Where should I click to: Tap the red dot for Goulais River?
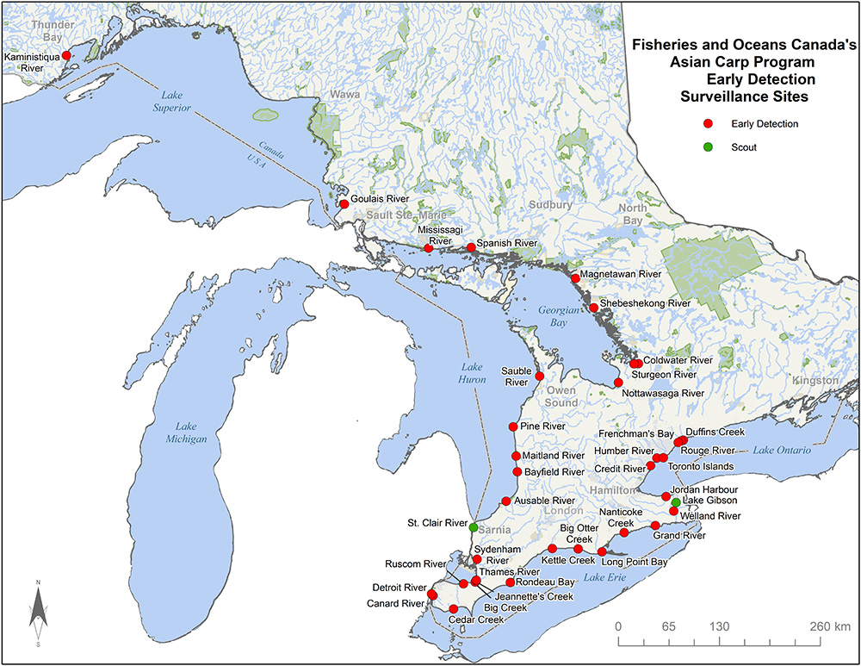click(x=344, y=204)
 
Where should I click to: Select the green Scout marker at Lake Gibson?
click(x=676, y=502)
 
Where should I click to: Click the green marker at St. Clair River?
click(x=474, y=526)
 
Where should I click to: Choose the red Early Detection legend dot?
click(x=707, y=124)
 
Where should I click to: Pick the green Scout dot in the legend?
click(x=707, y=147)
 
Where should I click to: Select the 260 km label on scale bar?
click(x=830, y=626)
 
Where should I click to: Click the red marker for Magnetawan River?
click(x=575, y=278)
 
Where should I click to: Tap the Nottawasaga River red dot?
click(x=618, y=383)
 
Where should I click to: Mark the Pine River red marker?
click(x=513, y=426)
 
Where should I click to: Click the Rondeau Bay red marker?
click(x=510, y=582)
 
